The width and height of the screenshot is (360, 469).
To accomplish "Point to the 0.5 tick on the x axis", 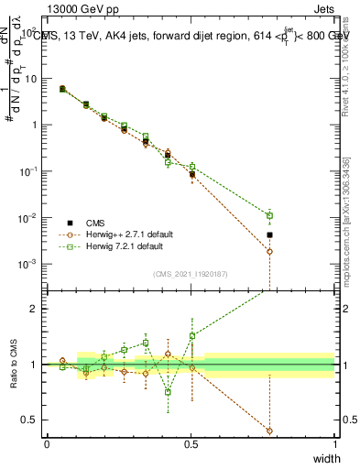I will point(191,443).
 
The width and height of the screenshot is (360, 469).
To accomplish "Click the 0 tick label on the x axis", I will point(47,443).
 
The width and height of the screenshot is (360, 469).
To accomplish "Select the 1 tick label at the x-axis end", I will point(334,443).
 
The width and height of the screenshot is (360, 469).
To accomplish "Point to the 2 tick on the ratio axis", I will point(32,309).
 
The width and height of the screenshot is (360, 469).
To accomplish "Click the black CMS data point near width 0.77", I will point(269,235).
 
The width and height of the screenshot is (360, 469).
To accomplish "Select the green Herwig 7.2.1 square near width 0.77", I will point(269,216).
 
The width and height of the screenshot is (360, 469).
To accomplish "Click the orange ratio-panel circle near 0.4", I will point(269,431).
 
